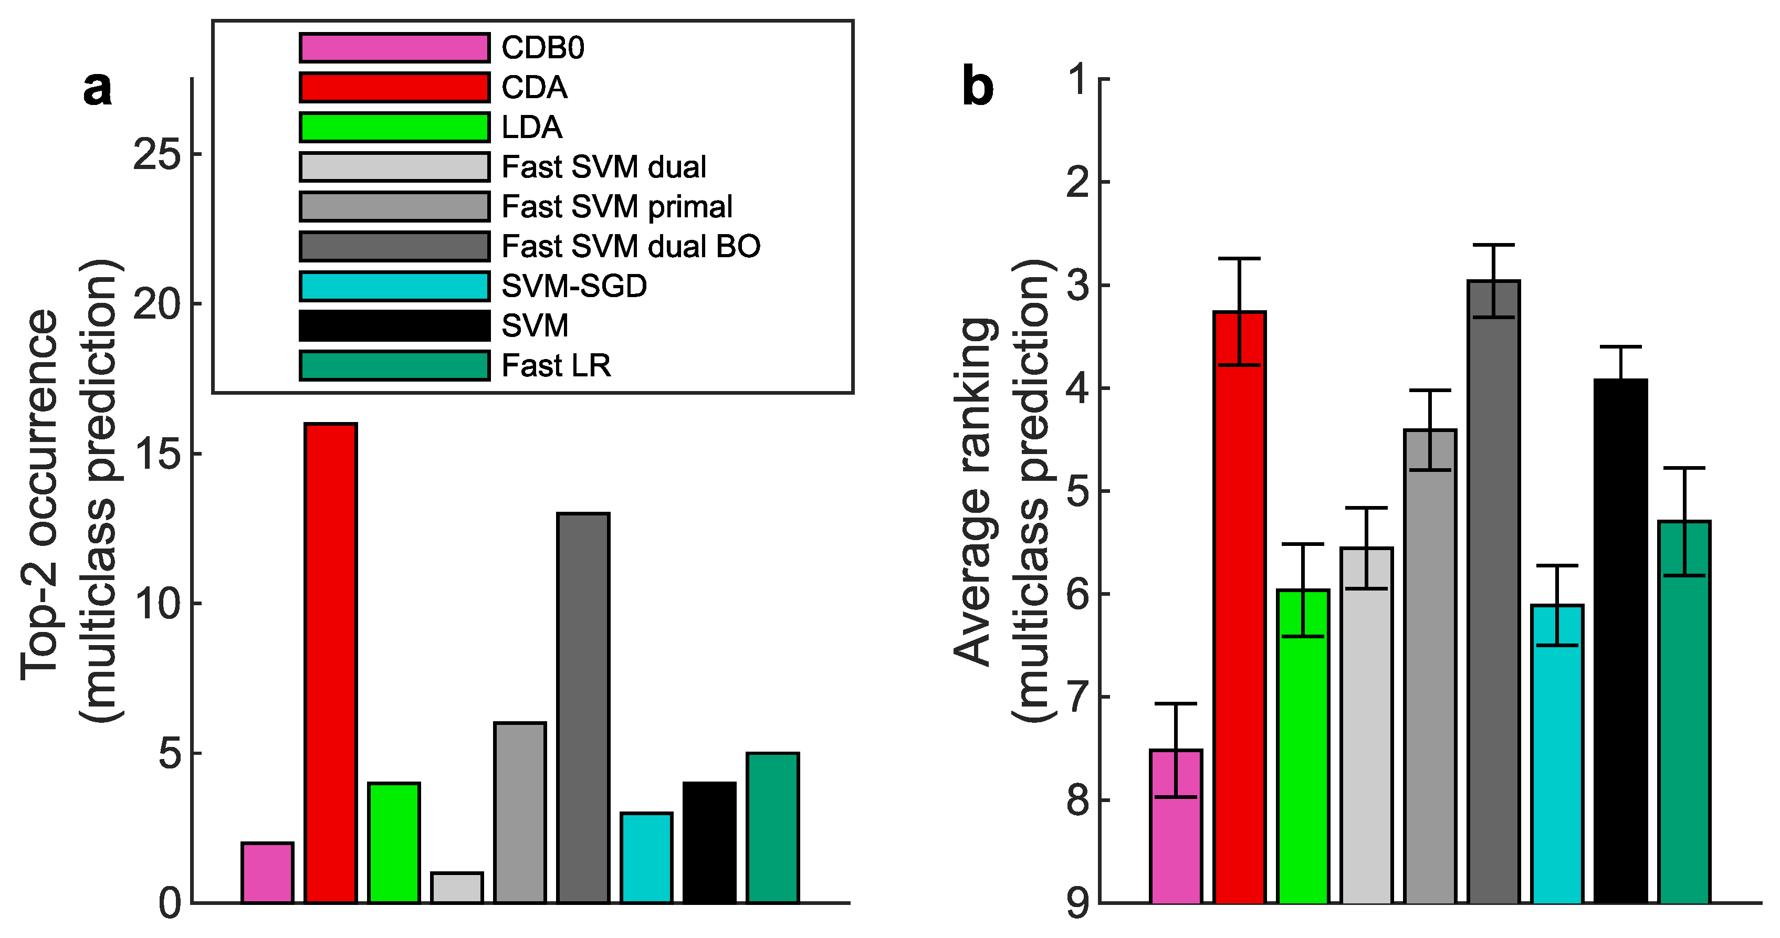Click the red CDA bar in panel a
click(x=331, y=663)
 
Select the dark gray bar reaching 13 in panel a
click(x=584, y=708)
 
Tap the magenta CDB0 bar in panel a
click(x=267, y=872)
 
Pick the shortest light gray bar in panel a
click(x=457, y=888)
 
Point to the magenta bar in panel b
click(x=1176, y=826)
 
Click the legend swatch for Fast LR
click(x=394, y=365)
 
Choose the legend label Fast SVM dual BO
click(x=630, y=246)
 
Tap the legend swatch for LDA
click(x=394, y=127)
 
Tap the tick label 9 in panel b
click(x=1079, y=903)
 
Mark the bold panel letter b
click(x=978, y=88)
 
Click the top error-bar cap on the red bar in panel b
click(x=1240, y=258)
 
